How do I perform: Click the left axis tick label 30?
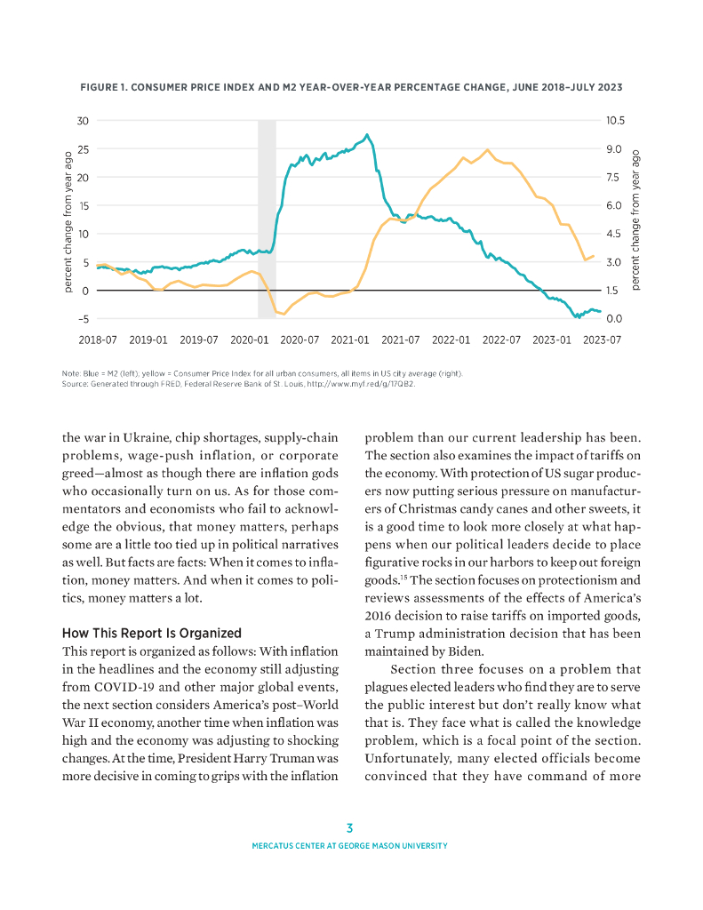point(83,120)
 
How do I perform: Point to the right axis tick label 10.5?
point(616,120)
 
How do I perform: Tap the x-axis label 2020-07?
point(300,339)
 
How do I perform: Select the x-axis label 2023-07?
point(602,339)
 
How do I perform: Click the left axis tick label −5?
point(82,319)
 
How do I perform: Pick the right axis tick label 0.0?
point(614,319)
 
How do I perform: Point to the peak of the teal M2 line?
point(367,135)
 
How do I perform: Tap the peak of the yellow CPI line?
point(487,149)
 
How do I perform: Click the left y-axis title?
point(68,220)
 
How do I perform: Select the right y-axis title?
point(636,220)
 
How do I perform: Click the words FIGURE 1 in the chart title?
point(106,88)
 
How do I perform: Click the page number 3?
point(350,828)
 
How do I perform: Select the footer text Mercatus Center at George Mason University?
point(350,846)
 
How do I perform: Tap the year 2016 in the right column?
point(379,616)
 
